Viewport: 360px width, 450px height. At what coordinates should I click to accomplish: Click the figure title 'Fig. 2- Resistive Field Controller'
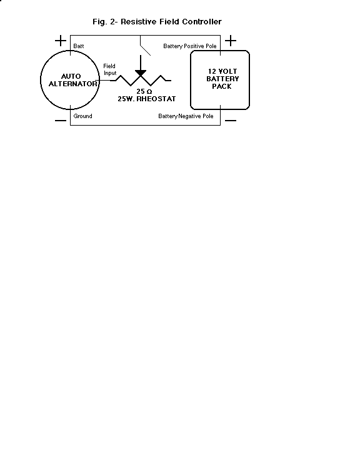coord(157,22)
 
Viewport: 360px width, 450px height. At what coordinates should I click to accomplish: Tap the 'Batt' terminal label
coord(79,46)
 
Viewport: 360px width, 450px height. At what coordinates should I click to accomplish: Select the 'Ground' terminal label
coord(82,116)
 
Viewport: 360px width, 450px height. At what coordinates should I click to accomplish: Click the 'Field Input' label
coord(109,69)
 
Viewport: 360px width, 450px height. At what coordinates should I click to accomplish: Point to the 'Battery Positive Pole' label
coord(190,46)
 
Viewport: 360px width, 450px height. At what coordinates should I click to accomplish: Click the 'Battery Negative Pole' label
coord(186,116)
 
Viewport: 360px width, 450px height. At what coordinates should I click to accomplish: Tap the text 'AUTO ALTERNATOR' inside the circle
coord(73,80)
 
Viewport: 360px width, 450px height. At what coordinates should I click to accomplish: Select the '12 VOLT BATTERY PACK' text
coord(222,79)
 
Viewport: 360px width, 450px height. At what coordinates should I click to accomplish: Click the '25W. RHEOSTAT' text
coord(147,99)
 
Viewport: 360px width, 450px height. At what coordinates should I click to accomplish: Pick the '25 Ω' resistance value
coord(144,91)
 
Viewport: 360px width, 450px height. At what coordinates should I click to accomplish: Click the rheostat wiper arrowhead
coord(141,74)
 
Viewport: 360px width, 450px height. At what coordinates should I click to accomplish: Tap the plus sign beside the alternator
coord(61,41)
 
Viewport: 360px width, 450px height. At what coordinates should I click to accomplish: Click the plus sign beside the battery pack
coord(231,41)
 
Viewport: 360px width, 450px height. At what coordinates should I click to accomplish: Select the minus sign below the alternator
coord(61,121)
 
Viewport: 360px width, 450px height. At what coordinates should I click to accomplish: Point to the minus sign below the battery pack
coord(231,121)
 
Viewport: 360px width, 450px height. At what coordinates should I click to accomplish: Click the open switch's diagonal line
coord(145,50)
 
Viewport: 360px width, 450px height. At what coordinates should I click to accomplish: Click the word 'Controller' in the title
coord(202,22)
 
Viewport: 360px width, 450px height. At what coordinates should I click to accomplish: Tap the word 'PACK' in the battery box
coord(222,86)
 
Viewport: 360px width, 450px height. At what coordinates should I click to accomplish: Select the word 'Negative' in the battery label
coord(189,116)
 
